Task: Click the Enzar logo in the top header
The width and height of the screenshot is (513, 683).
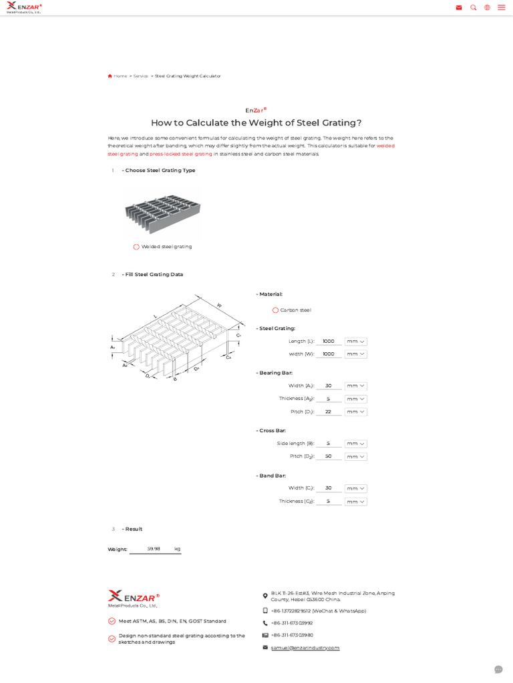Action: point(24,7)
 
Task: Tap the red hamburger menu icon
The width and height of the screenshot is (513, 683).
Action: point(501,7)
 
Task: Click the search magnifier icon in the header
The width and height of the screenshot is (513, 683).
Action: point(474,7)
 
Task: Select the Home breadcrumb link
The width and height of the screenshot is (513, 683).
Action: point(120,76)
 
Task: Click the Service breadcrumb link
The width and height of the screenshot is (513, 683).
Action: point(140,76)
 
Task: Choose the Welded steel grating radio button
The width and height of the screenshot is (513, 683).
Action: point(136,247)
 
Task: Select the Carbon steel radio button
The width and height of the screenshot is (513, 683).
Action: point(275,310)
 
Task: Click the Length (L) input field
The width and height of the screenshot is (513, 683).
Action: point(329,341)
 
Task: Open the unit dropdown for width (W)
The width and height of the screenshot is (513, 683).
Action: point(355,354)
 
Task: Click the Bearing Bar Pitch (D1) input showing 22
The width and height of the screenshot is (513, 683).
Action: point(329,412)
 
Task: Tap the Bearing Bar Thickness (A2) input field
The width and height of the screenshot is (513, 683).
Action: point(329,399)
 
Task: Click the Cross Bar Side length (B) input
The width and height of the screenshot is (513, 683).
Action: point(329,444)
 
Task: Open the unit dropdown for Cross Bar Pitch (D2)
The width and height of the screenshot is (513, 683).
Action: point(355,457)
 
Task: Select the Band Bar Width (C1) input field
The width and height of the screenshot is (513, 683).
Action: point(329,488)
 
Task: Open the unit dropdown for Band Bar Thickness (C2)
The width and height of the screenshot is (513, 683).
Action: point(355,502)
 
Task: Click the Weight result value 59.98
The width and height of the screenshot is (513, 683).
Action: point(154,549)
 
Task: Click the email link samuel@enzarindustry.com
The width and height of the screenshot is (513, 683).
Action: point(305,648)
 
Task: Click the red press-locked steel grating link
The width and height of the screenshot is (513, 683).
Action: point(180,154)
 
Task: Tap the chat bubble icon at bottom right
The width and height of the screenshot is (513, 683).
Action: point(498,669)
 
